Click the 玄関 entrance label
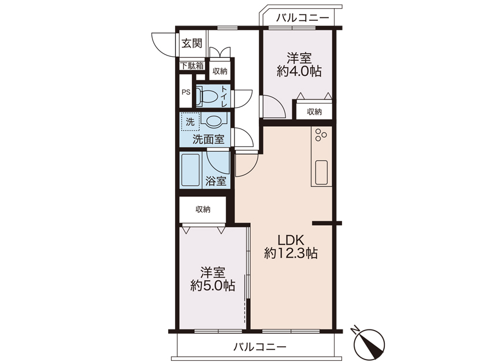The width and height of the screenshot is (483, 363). click(192, 43)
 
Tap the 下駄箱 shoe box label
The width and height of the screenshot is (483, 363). click(192, 65)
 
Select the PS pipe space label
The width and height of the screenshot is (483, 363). click(186, 92)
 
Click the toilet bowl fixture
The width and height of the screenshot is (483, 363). click(206, 96)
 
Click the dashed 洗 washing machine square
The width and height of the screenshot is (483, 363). click(190, 122)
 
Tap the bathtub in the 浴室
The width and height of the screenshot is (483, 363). click(190, 170)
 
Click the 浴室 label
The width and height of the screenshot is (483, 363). click(216, 181)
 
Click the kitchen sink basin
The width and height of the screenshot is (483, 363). click(321, 173)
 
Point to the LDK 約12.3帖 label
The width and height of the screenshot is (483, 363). click(291, 246)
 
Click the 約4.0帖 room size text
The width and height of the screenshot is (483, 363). click(299, 72)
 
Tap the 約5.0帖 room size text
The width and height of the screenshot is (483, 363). click(213, 285)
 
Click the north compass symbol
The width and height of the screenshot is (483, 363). click(369, 343)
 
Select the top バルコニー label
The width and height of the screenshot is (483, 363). click(303, 18)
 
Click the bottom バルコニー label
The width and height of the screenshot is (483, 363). click(259, 347)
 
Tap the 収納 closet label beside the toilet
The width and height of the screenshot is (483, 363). click(220, 71)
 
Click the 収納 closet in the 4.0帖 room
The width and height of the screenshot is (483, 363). click(314, 112)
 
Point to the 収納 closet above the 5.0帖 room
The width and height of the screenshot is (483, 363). click(203, 209)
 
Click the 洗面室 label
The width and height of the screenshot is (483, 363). click(208, 139)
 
